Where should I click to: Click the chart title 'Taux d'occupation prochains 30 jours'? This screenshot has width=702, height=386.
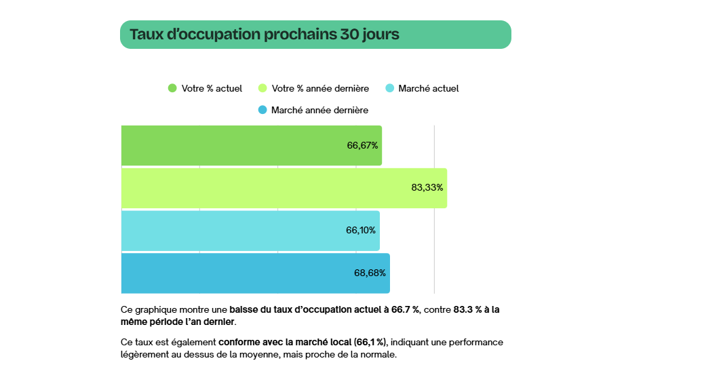(265, 35)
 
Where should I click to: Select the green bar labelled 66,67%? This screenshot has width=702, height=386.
(251, 145)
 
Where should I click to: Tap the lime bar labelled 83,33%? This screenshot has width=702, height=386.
(284, 188)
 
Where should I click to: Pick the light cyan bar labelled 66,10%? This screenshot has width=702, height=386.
(250, 231)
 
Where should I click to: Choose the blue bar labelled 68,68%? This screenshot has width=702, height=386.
(255, 273)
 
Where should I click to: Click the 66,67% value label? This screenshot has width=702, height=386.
(362, 145)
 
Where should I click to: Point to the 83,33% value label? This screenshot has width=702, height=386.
(427, 188)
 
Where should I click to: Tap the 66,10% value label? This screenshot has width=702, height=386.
(361, 231)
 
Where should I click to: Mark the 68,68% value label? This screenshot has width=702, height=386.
(370, 273)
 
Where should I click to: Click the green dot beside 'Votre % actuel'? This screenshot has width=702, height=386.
(172, 88)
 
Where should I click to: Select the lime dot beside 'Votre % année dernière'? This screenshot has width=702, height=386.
(262, 88)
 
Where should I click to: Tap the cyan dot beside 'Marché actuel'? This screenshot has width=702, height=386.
(389, 88)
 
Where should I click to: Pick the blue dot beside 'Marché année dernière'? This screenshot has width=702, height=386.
(262, 110)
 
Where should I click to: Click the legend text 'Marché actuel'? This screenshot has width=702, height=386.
(429, 88)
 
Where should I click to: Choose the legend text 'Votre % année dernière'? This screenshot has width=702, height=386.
(320, 88)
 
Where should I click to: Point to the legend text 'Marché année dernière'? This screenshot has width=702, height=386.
(319, 110)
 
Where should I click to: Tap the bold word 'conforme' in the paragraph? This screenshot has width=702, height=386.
(238, 342)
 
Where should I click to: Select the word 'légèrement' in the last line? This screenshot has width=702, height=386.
(144, 355)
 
